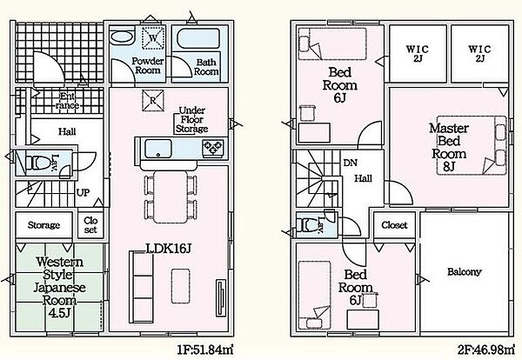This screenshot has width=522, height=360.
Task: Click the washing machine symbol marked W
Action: (153, 37)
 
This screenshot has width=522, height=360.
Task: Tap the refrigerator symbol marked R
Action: (153, 100)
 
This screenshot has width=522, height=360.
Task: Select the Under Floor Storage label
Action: (191, 119)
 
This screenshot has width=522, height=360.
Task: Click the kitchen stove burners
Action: (213, 148)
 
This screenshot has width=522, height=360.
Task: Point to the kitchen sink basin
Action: (158, 149)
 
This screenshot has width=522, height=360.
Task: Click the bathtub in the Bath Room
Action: (198, 39)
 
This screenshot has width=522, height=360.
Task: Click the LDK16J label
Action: (168, 248)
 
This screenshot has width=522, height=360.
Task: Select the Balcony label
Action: (464, 272)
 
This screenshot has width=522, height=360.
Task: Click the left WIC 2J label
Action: (418, 54)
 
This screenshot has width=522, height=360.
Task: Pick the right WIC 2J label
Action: (479, 54)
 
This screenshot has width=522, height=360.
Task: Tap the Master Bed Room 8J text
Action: (448, 147)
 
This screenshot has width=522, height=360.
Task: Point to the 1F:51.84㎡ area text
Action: (204, 350)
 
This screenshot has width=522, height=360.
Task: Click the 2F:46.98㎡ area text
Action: (485, 350)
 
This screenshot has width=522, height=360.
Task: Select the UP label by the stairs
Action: (83, 193)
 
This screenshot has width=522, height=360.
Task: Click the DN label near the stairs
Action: (351, 163)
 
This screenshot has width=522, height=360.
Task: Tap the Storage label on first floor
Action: (43, 225)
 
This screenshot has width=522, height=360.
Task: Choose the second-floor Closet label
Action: (394, 225)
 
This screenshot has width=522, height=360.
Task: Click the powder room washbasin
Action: (122, 37)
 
